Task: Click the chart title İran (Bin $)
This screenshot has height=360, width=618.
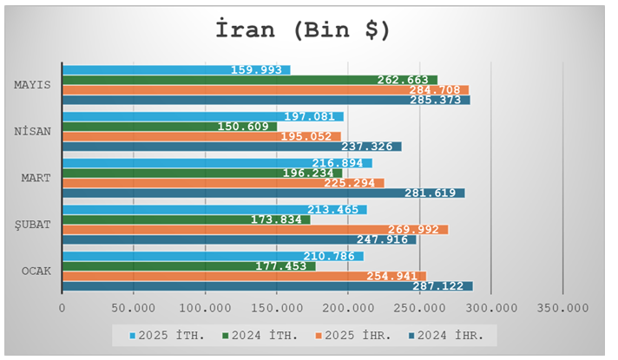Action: (x=303, y=29)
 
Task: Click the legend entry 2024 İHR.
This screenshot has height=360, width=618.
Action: (x=451, y=334)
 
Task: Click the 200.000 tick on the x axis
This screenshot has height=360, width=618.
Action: (x=348, y=308)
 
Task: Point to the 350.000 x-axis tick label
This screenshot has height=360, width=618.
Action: (x=562, y=308)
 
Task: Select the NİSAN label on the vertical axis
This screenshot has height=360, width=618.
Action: (x=32, y=131)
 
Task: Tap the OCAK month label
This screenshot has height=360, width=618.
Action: (x=35, y=271)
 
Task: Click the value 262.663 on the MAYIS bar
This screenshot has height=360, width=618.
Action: (x=403, y=80)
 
